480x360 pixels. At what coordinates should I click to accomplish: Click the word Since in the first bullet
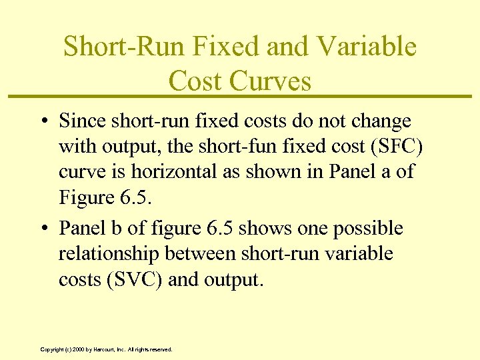79,121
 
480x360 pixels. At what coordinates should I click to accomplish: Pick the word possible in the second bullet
371,229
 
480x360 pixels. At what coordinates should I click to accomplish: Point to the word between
203,254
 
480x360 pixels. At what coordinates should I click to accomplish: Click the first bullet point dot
42,122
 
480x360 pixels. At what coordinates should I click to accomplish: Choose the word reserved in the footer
161,349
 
